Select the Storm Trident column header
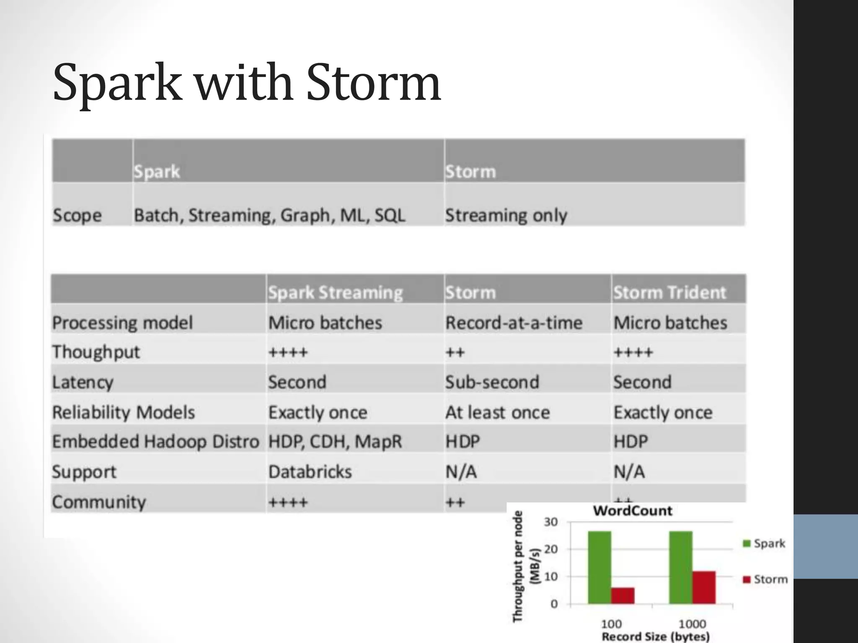point(669,292)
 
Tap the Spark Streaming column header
point(335,292)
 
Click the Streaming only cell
point(506,215)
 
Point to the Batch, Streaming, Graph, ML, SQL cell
point(269,215)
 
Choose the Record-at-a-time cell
point(514,323)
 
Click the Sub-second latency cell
point(492,382)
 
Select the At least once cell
point(497,412)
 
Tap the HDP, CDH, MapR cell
point(335,442)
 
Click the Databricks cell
point(310,472)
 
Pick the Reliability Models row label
point(124,412)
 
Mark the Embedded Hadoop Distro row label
point(155,442)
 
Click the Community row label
point(99,502)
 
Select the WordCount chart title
point(632,511)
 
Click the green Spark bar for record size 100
point(599,567)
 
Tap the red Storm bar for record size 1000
point(704,587)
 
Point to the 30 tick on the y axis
point(551,522)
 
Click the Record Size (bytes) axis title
point(656,637)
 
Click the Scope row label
point(77,215)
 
